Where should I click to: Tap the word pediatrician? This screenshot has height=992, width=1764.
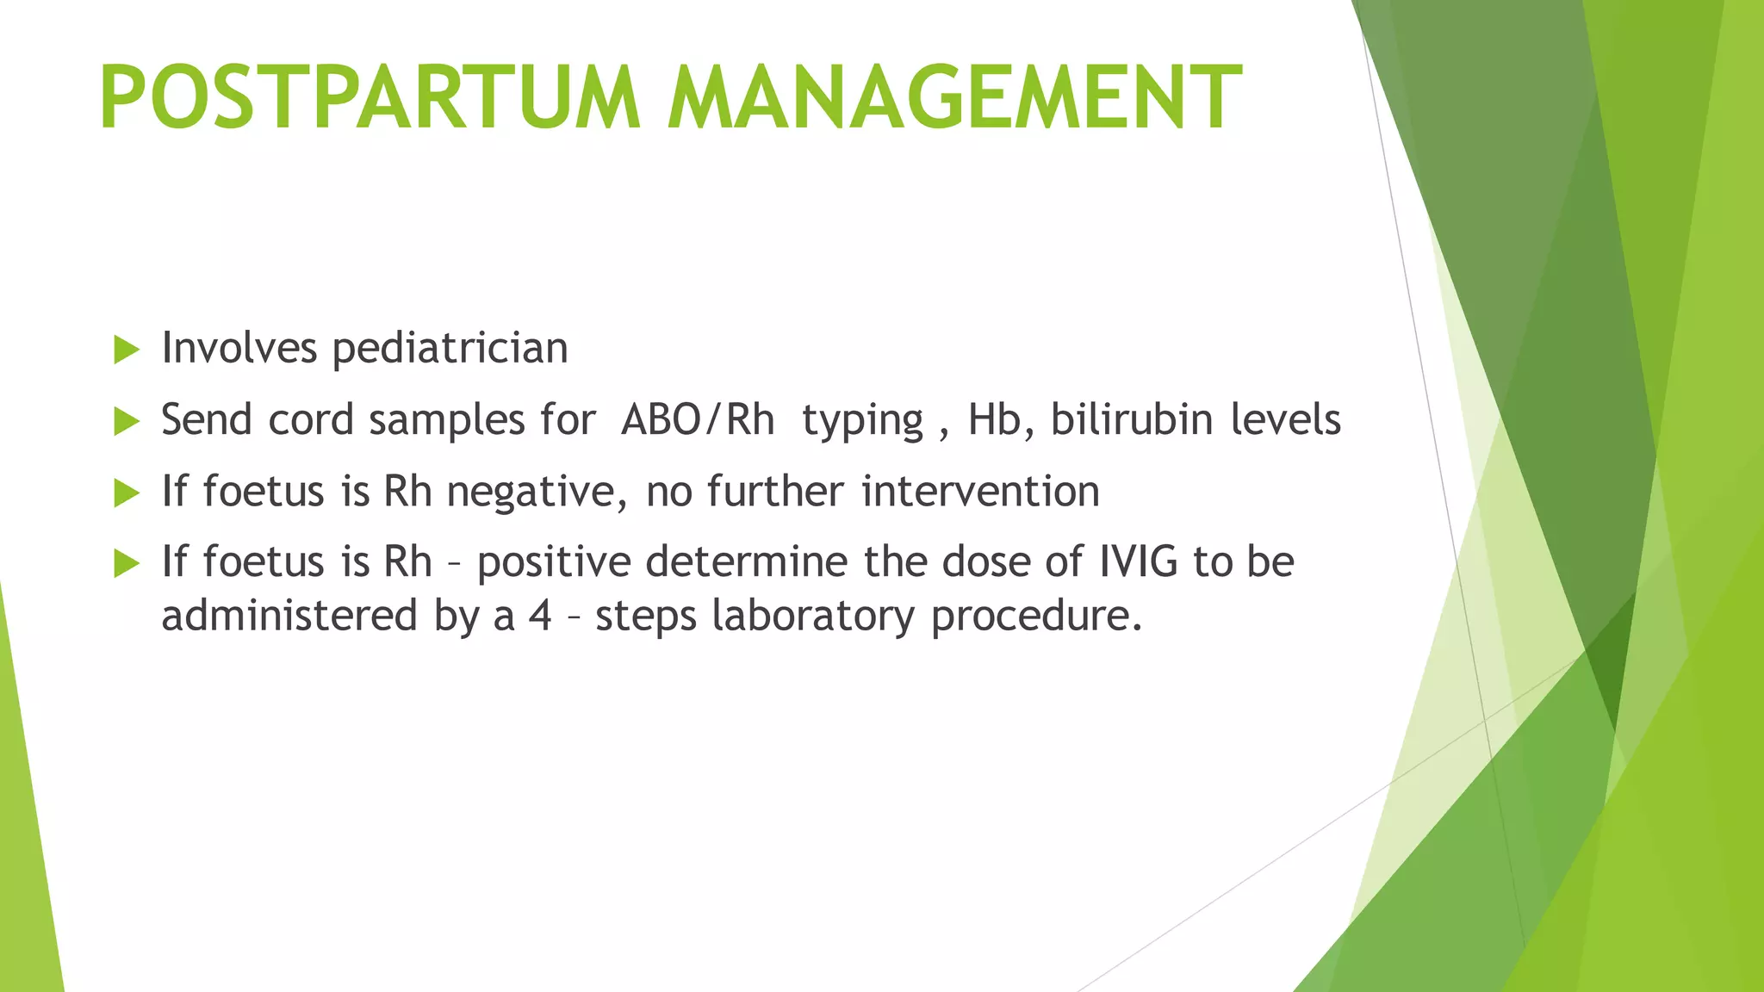pos(450,350)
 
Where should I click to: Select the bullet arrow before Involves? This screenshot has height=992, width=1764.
pos(127,350)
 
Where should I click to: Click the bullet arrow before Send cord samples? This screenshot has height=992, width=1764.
pos(127,421)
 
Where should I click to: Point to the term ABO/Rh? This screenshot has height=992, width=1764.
pos(697,421)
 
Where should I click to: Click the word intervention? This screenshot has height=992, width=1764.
pos(980,491)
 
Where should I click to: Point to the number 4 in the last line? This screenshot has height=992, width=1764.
pos(540,616)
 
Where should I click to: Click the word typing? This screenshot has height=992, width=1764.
pos(862,423)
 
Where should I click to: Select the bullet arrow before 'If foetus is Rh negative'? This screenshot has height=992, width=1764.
pos(127,493)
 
